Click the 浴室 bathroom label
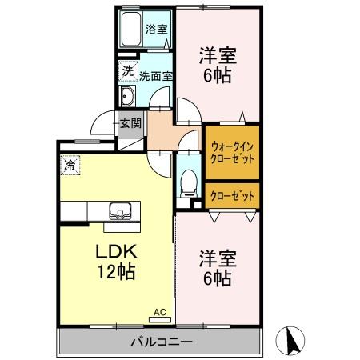(x=156, y=30)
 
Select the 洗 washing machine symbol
(x=127, y=70)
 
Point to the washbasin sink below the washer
(x=129, y=98)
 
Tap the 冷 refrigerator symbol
(x=70, y=166)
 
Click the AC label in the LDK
(x=158, y=311)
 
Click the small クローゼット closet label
(x=233, y=194)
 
